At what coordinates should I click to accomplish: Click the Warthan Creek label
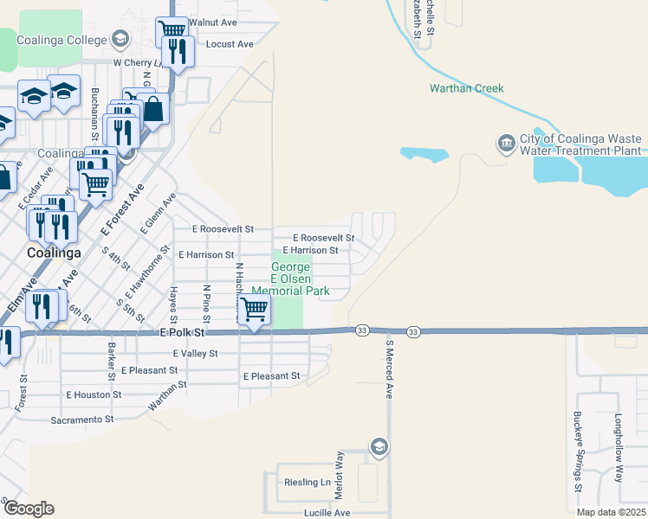[x=466, y=89]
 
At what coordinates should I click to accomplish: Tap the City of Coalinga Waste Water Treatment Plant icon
[x=505, y=141]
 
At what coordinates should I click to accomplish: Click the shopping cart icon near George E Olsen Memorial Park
[x=253, y=309]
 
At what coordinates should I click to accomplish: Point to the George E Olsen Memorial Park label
[x=290, y=272]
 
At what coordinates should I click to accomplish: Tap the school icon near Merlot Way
[x=379, y=447]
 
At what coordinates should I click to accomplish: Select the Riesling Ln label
[x=308, y=483]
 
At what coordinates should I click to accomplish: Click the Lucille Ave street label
[x=327, y=513]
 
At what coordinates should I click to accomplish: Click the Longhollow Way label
[x=619, y=448]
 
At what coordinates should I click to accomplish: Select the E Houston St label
[x=94, y=394]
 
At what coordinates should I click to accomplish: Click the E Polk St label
[x=182, y=332]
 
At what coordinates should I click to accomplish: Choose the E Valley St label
[x=196, y=354]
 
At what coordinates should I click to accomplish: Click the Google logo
[x=29, y=509]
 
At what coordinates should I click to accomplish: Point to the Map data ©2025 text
[x=610, y=512]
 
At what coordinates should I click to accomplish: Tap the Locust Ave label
[x=230, y=44]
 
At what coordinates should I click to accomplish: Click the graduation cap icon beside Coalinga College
[x=120, y=39]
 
